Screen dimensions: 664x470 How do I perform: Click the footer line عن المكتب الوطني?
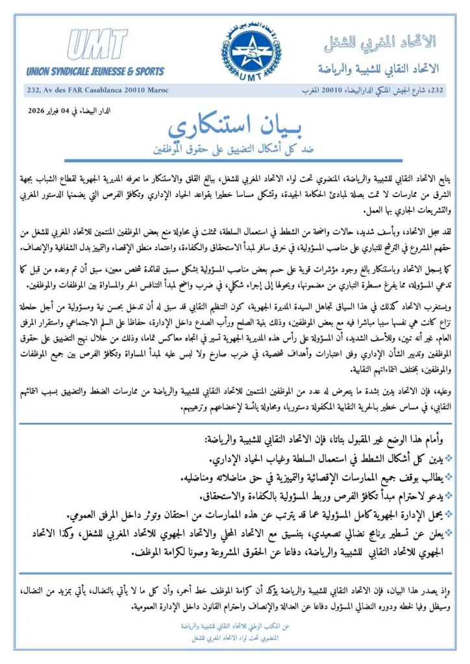[234, 627]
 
